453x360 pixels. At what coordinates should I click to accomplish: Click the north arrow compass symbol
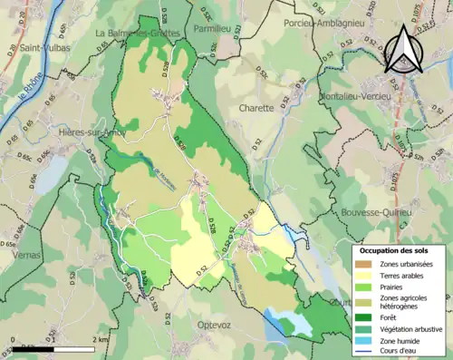(405, 50)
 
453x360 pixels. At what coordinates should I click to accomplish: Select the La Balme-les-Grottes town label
(139, 33)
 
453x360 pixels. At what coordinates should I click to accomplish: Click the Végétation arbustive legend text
(407, 327)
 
